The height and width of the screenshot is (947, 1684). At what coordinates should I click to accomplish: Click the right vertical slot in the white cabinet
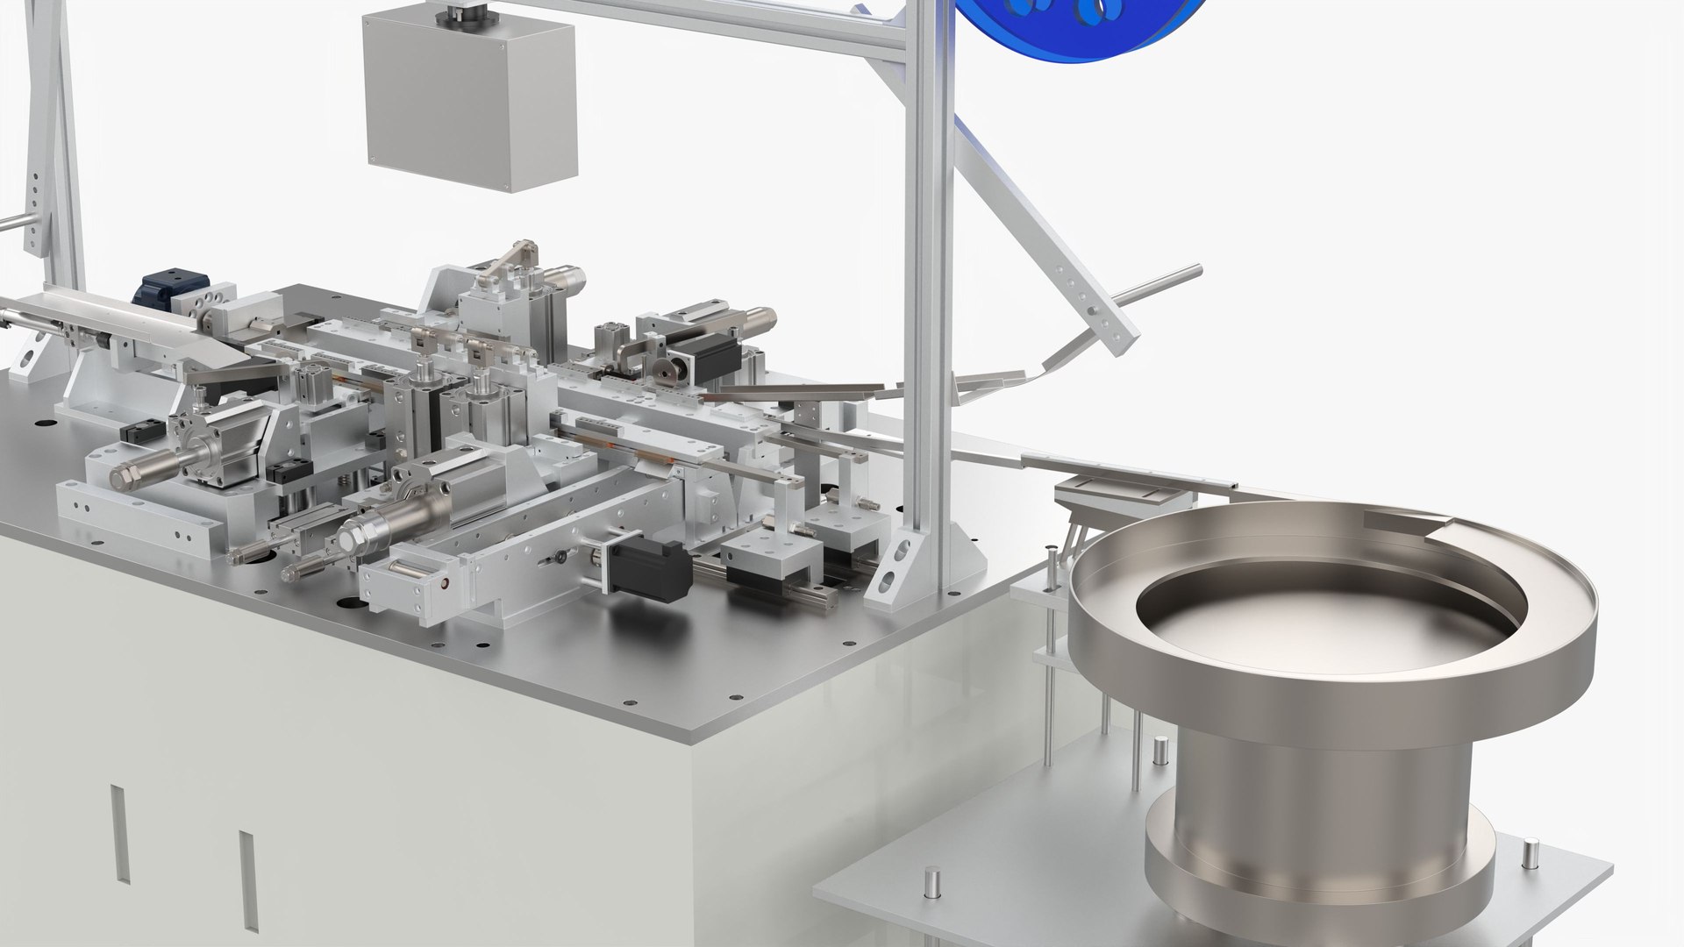(247, 881)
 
